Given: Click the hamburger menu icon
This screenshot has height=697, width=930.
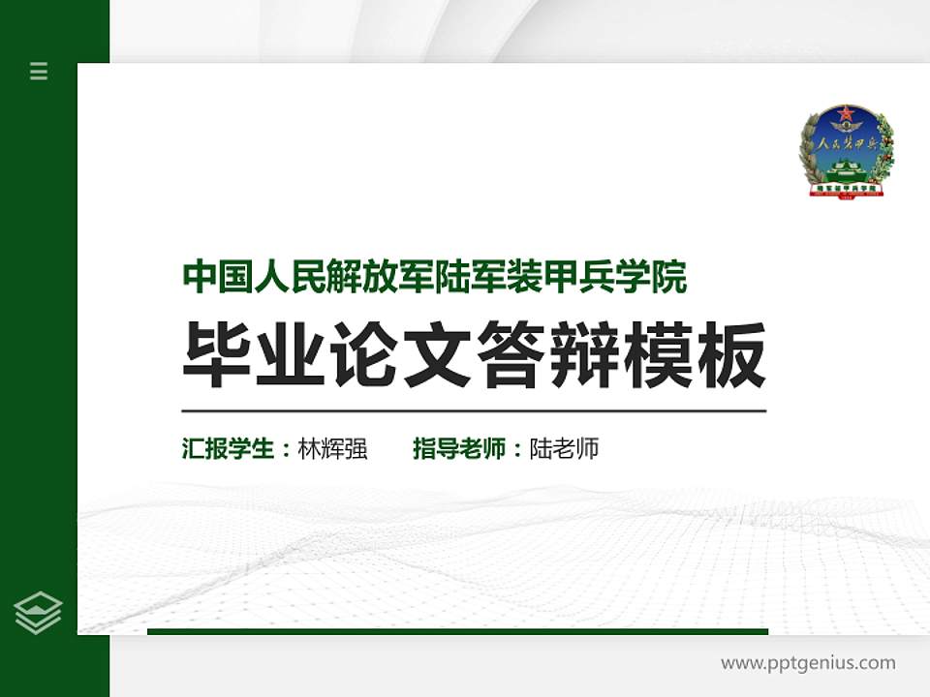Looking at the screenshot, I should [39, 71].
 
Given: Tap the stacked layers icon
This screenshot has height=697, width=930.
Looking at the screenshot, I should [39, 612].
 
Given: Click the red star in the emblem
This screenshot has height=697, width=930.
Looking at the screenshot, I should [848, 117].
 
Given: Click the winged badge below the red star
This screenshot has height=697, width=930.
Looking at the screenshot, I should [848, 132].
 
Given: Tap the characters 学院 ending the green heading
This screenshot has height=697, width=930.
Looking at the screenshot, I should [654, 278].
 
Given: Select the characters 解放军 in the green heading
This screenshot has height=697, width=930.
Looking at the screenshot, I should [335, 278].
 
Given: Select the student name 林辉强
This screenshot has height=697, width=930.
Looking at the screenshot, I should [333, 449].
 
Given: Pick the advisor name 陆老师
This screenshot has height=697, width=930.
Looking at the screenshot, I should [565, 449].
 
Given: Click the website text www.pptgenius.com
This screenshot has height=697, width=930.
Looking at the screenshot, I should [808, 663].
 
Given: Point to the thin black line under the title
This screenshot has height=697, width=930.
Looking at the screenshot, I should [474, 410].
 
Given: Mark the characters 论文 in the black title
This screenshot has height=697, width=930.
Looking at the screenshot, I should [402, 355].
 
